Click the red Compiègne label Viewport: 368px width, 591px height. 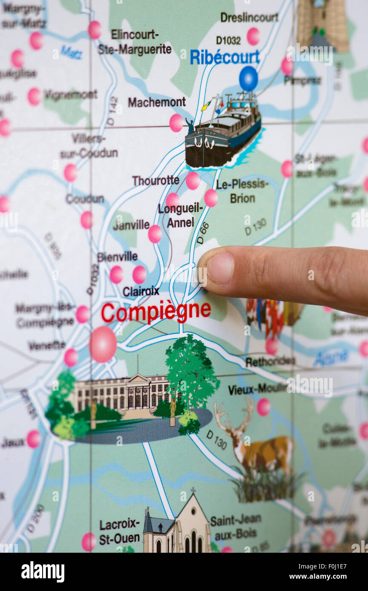click(156, 312)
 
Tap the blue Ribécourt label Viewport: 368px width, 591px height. click(224, 57)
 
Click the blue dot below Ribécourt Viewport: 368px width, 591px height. click(248, 79)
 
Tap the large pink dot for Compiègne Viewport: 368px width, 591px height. click(103, 344)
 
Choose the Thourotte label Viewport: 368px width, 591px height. click(155, 181)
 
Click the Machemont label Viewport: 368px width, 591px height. click(157, 102)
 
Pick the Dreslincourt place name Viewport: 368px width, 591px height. click(249, 17)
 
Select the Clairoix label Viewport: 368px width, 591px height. click(141, 291)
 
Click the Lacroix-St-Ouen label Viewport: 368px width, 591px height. click(119, 531)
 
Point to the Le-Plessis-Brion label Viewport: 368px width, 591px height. click(242, 191)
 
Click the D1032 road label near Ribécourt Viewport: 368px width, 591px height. click(228, 40)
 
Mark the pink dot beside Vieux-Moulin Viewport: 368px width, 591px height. click(263, 407)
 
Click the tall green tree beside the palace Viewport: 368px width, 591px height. click(192, 374)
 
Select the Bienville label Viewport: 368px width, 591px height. click(117, 256)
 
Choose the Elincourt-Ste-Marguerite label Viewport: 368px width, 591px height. click(135, 42)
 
